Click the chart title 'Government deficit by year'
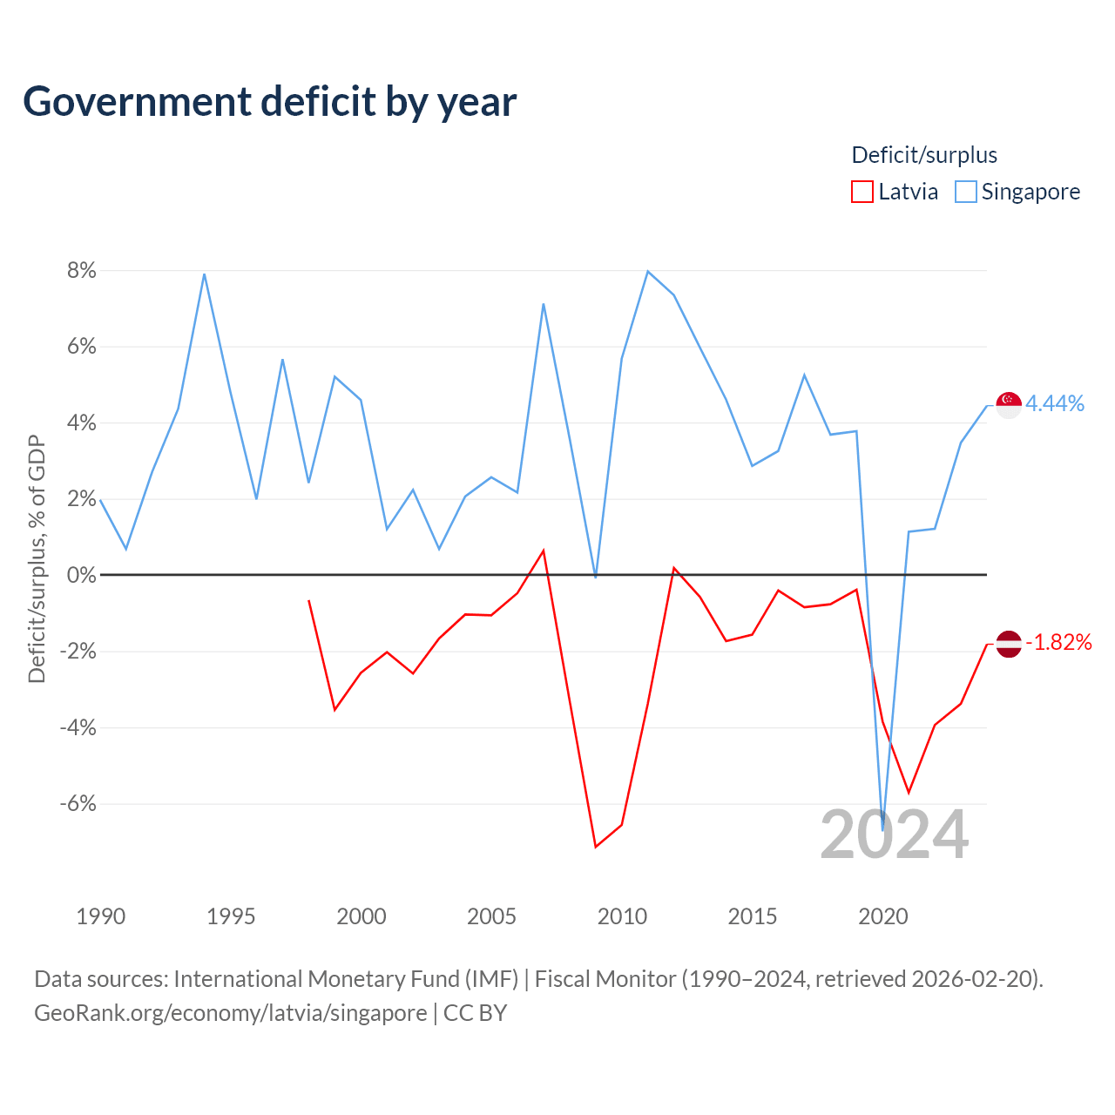269,102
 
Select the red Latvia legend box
862,192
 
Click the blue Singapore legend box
965,192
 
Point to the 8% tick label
82,270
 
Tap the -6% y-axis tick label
78,803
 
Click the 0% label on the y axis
82,575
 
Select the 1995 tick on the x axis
231,916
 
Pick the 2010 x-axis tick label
622,916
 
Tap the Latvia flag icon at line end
1009,644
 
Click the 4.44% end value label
1055,404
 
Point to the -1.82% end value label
1059,642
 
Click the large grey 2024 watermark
894,835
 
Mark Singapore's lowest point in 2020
882,830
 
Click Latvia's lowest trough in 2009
596,847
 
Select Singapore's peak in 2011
647,272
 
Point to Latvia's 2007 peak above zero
544,551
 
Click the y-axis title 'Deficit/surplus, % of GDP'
37,559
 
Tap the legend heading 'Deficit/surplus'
924,155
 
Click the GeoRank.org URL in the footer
230,1013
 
